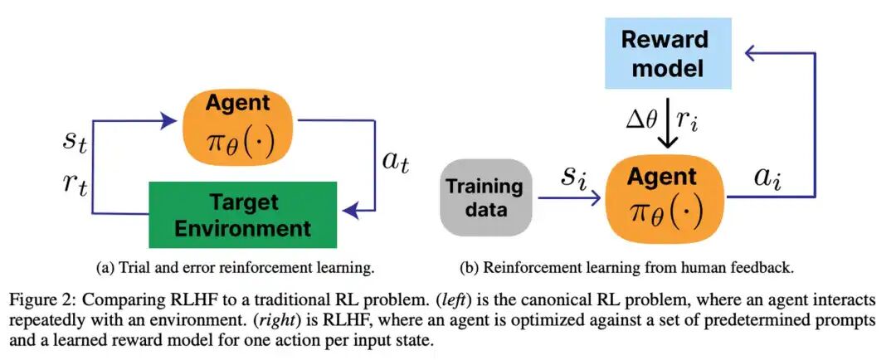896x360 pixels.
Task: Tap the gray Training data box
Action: [486, 197]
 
